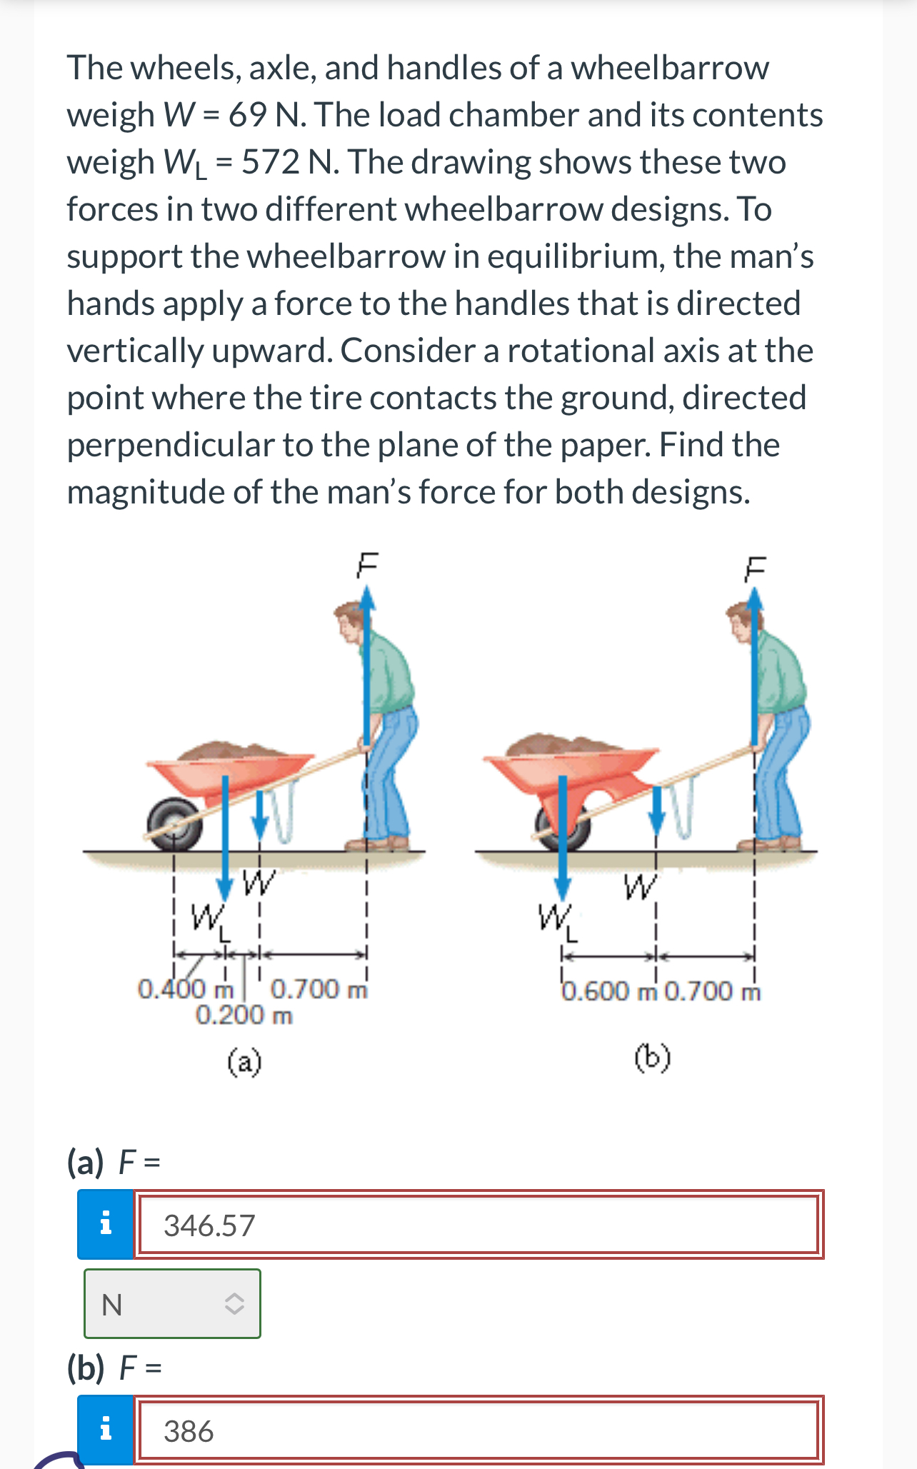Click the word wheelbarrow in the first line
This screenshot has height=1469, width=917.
[669, 68]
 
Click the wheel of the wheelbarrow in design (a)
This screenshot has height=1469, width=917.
[174, 823]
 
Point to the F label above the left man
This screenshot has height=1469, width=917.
[366, 564]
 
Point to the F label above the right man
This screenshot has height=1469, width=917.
[754, 568]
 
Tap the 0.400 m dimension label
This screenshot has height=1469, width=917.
[185, 989]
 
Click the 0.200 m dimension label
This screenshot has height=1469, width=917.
[244, 1015]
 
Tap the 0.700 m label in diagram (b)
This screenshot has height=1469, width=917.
[712, 991]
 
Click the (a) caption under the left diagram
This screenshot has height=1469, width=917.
[244, 1062]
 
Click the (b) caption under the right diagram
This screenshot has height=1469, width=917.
[653, 1058]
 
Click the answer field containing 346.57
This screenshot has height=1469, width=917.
[477, 1225]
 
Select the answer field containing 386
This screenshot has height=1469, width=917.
[477, 1430]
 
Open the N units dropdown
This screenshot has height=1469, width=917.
[172, 1304]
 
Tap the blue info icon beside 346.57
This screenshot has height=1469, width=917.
[106, 1224]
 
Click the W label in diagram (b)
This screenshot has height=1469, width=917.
[639, 887]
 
